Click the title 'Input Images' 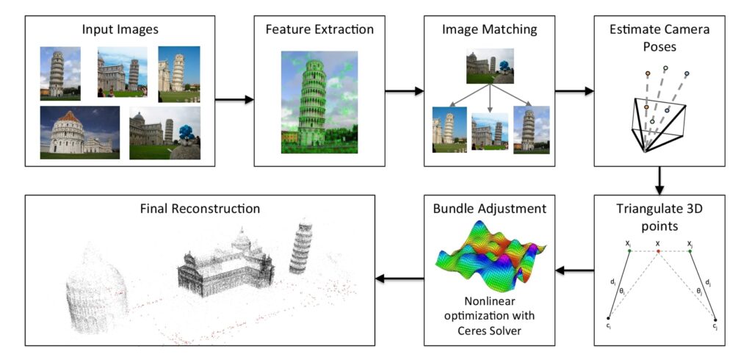coord(120,31)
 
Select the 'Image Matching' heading coord(489,31)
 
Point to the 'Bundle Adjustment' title coord(490,209)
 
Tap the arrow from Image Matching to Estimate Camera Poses coord(574,92)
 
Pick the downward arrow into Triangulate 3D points coord(659,178)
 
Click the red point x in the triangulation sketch coord(658,251)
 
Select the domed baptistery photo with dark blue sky coord(79,132)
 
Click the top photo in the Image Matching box coord(490,66)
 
